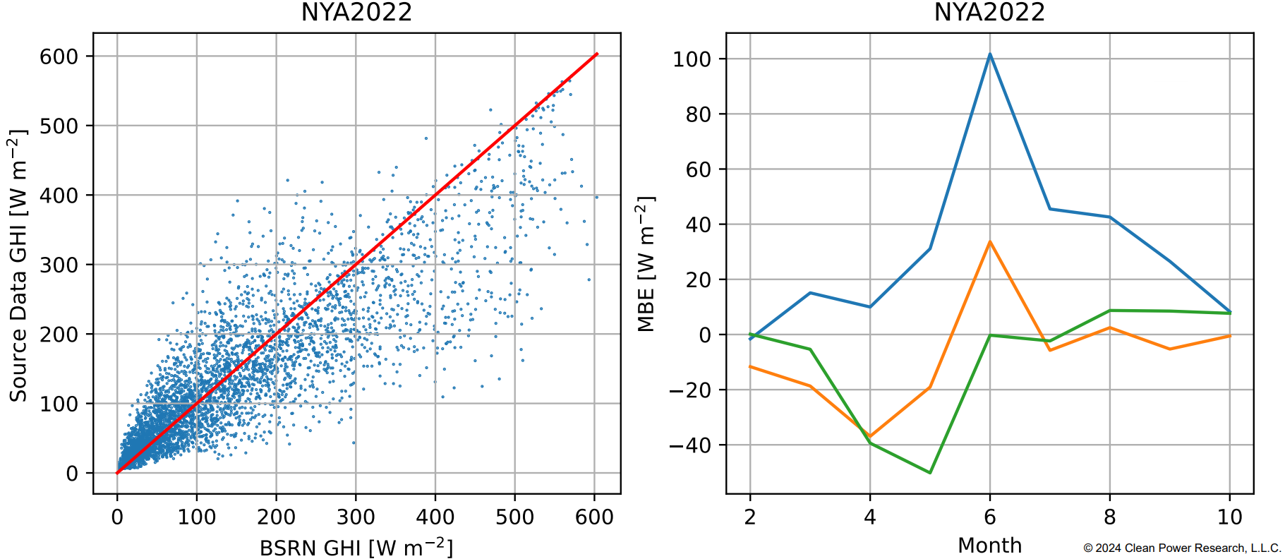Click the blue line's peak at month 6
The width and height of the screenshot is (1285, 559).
pyautogui.click(x=989, y=54)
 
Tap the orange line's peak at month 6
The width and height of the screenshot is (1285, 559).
pyautogui.click(x=989, y=242)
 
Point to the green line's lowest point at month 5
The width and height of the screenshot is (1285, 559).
pyautogui.click(x=930, y=472)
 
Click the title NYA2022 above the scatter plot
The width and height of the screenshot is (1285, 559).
pyautogui.click(x=356, y=13)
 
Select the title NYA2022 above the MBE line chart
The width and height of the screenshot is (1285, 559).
pyautogui.click(x=989, y=13)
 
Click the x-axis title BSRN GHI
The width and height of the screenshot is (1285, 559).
pyautogui.click(x=356, y=547)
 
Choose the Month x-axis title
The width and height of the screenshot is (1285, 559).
pyautogui.click(x=989, y=546)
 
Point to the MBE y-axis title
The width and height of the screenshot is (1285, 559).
pyautogui.click(x=646, y=264)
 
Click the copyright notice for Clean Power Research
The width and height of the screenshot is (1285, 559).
pyautogui.click(x=1182, y=548)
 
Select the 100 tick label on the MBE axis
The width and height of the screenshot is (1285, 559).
pyautogui.click(x=692, y=59)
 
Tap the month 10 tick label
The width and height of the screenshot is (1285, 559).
pyautogui.click(x=1229, y=517)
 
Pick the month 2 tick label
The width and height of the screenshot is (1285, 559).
pyautogui.click(x=749, y=517)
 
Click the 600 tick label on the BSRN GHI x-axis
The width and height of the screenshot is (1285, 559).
pyautogui.click(x=594, y=517)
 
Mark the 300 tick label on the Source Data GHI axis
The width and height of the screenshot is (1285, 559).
pyautogui.click(x=59, y=265)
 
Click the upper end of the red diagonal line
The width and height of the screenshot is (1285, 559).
pyautogui.click(x=597, y=54)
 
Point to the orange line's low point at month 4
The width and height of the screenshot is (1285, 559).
pyautogui.click(x=870, y=437)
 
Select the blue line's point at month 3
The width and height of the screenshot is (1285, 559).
pyautogui.click(x=810, y=293)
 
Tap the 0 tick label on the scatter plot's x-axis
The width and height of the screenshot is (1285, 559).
pyautogui.click(x=117, y=517)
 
